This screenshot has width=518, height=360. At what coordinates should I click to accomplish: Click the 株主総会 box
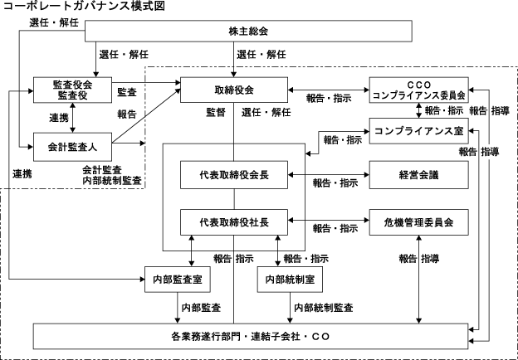pos(247,32)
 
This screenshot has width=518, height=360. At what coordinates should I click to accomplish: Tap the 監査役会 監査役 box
pos(72,90)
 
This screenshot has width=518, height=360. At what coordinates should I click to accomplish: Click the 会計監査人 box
pos(72,146)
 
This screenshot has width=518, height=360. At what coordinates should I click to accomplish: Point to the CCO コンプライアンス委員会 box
pos(418,90)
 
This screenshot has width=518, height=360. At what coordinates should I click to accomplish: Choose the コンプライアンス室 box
pos(418,130)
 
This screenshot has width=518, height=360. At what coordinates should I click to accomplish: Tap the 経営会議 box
pos(418,175)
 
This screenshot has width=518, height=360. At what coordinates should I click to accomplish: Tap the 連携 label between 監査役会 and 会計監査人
pos(58,118)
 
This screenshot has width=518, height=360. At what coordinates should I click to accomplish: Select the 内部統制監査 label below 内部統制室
pos(325,307)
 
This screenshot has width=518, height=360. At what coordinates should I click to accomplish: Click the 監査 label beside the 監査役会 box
pos(127,91)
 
